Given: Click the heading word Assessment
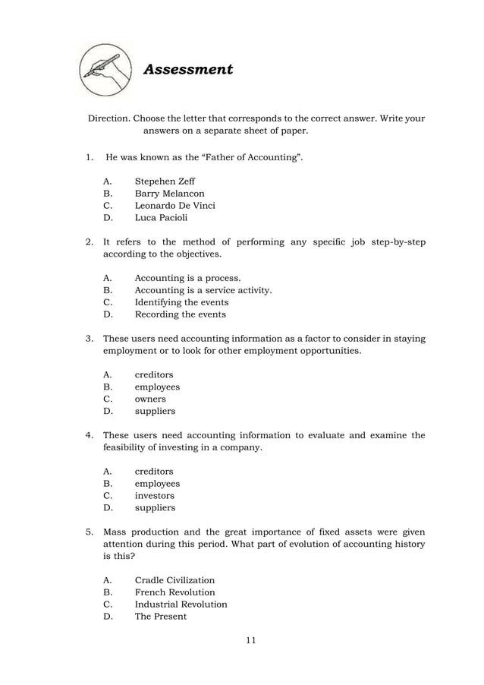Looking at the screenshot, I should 188,70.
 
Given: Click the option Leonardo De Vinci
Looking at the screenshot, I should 174,206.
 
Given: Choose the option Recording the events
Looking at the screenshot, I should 180,314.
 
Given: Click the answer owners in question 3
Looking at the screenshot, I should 150,399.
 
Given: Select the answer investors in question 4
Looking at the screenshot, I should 154,495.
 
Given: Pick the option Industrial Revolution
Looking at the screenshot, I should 181,605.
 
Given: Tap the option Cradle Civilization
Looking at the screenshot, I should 174,580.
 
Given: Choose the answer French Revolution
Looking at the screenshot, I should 174,592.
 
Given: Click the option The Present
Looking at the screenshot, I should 160,617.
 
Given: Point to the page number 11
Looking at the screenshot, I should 250,640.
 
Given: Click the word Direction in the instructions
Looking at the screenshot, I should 109,118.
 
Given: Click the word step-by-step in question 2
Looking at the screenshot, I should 395,242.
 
